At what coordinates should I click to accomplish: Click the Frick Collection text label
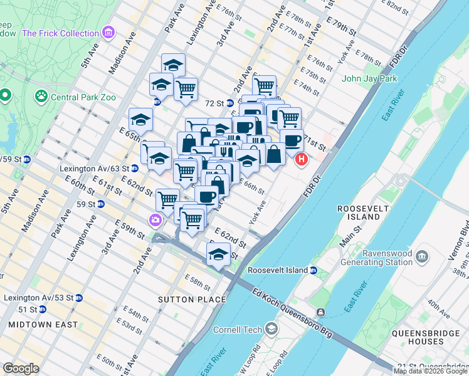coord(61,32)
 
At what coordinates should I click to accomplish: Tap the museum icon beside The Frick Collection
coord(108,32)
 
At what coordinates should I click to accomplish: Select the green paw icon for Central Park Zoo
coord(41,97)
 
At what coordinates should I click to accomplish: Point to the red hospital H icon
coord(301,160)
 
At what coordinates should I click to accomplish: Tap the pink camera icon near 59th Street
coord(154,220)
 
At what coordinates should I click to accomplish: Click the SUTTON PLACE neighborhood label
coord(185,300)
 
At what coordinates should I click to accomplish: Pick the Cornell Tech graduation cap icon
coord(271,329)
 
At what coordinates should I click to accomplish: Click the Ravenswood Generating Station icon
coord(422,256)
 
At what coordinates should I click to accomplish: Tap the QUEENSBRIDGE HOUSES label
coord(418,337)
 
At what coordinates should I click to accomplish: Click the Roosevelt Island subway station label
coord(278,270)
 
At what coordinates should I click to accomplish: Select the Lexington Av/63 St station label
coord(94,169)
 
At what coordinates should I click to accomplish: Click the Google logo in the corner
coord(21,368)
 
